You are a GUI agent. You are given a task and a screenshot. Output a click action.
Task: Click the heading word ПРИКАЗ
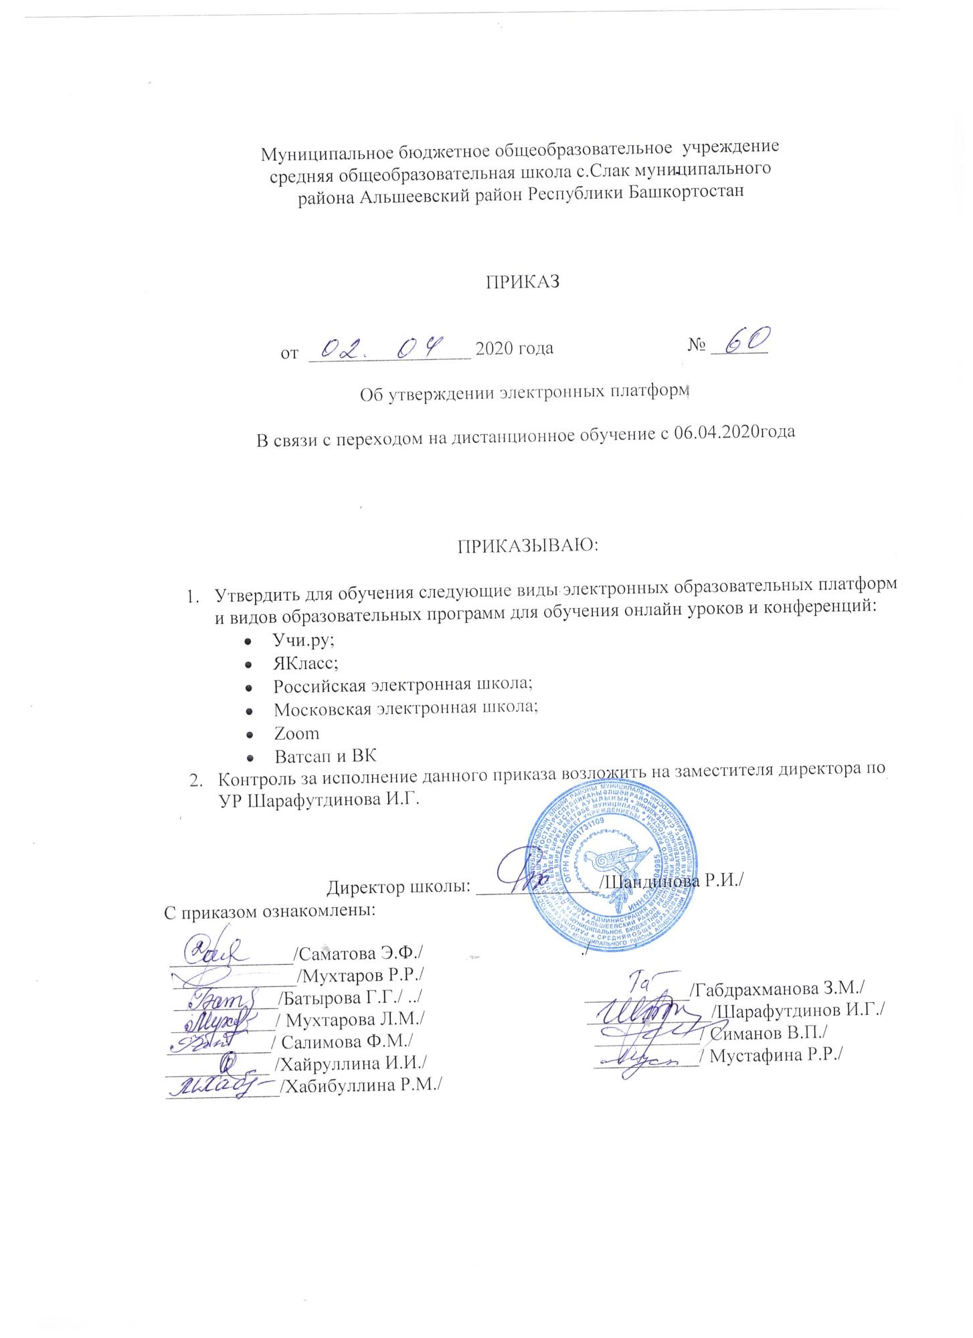(522, 282)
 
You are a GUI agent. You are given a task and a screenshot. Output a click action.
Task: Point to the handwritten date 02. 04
(382, 347)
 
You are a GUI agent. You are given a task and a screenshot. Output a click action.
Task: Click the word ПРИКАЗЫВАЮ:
(529, 545)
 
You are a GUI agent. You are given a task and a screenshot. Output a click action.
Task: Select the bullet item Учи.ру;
(304, 639)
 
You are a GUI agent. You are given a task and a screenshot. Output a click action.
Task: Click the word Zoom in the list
(296, 733)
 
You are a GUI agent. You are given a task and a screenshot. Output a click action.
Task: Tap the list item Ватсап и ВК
(326, 757)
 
